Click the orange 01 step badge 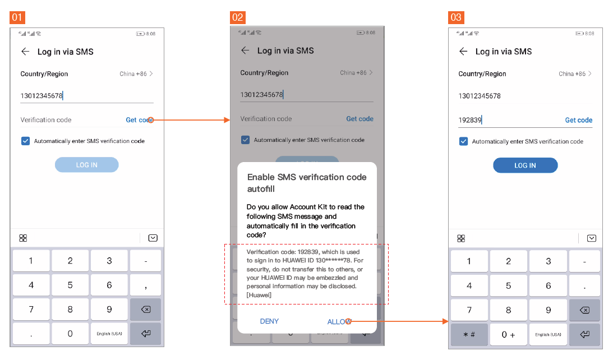coord(17,17)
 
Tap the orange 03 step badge coord(456,17)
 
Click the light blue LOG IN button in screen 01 coord(87,165)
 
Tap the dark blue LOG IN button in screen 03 coord(525,165)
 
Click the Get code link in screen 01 coord(139,120)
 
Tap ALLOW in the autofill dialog coord(339,321)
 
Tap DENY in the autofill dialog coord(269,321)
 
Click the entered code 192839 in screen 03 coord(470,120)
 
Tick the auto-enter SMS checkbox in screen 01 coord(25,141)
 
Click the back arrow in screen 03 coord(463,52)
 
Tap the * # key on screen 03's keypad coord(469,334)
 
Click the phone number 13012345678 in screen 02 coord(261,95)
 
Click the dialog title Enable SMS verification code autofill coord(306,183)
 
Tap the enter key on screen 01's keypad coord(146,334)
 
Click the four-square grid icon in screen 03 coord(461,238)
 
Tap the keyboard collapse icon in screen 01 coord(153,238)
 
